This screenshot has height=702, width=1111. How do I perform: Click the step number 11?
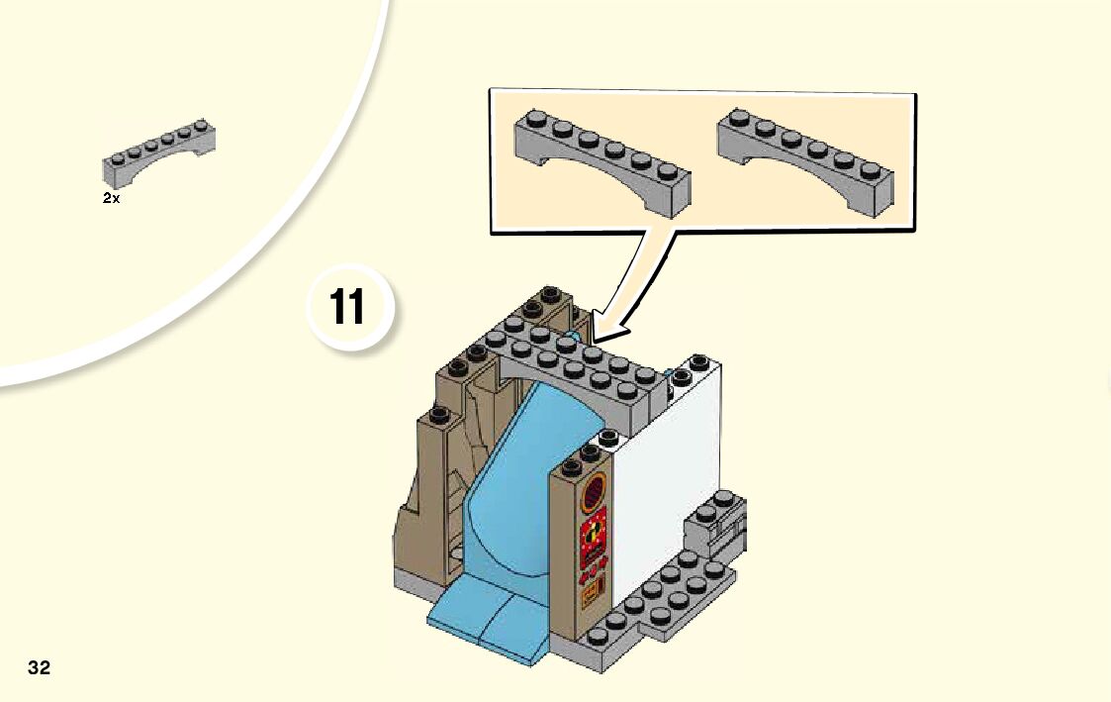coord(347,307)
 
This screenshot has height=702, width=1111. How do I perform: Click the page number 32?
coord(40,667)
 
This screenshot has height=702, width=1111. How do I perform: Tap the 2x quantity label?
coord(111,198)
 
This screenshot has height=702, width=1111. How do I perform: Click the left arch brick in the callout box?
coord(602,159)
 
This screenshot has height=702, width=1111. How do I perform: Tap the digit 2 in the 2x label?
coord(107,198)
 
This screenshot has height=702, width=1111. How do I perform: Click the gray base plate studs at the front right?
coord(658,604)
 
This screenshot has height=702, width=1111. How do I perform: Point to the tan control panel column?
coord(579,554)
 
